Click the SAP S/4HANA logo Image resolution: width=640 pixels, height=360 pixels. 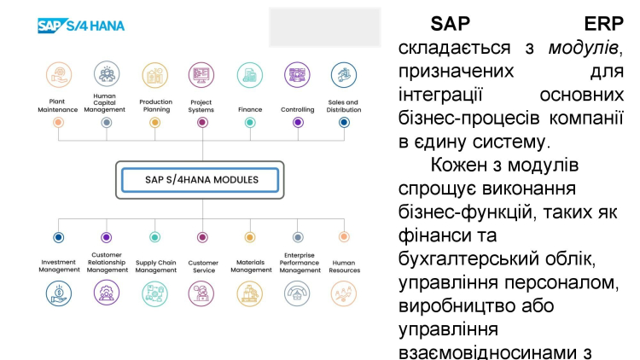81,26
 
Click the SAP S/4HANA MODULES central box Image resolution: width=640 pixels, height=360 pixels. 201,180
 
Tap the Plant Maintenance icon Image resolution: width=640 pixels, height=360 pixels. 59,74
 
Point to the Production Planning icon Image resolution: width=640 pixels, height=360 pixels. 154,74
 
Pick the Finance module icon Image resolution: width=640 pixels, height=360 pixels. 249,74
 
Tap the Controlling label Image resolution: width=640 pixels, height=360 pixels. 297,109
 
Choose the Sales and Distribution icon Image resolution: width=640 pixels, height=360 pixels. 344,74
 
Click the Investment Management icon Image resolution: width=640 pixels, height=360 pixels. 59,293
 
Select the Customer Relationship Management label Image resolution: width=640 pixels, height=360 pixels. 107,262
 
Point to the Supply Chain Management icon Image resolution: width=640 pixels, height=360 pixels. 154,293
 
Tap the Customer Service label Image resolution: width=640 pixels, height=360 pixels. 202,266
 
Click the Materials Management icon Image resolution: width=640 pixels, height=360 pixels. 250,293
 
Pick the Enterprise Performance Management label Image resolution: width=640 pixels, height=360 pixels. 298,262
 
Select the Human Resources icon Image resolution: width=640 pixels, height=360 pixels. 344,293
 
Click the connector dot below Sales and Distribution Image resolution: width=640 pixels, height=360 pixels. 344,123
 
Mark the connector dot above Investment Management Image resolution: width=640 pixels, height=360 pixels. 59,237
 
